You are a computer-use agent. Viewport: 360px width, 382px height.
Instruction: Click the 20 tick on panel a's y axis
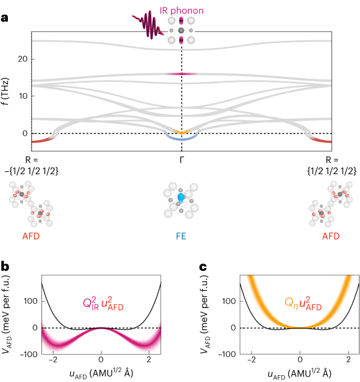coord(22,59)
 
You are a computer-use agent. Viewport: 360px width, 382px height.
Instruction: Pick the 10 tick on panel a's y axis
coord(22,96)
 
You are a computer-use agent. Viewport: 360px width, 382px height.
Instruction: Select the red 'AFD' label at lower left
coord(32,236)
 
